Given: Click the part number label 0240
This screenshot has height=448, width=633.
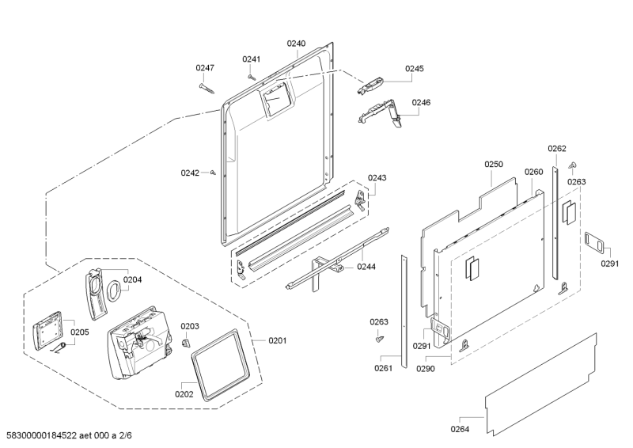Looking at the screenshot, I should [x=296, y=44].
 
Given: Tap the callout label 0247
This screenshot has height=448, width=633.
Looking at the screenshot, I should [x=205, y=68].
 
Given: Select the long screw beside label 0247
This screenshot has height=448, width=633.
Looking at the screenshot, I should [x=208, y=86].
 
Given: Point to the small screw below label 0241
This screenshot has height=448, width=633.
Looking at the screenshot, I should [x=252, y=77].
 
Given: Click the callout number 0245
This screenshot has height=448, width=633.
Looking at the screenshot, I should [x=414, y=69].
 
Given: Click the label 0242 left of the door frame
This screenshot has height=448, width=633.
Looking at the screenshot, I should [x=189, y=172].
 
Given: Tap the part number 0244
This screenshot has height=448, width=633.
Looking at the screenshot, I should [x=366, y=267].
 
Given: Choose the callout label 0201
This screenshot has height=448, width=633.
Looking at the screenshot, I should [x=277, y=341].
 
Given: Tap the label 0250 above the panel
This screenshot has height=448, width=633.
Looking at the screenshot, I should [x=494, y=165].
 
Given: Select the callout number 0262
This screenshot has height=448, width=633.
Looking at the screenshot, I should [x=557, y=149].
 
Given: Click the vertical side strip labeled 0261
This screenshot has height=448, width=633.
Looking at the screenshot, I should [x=405, y=309].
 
